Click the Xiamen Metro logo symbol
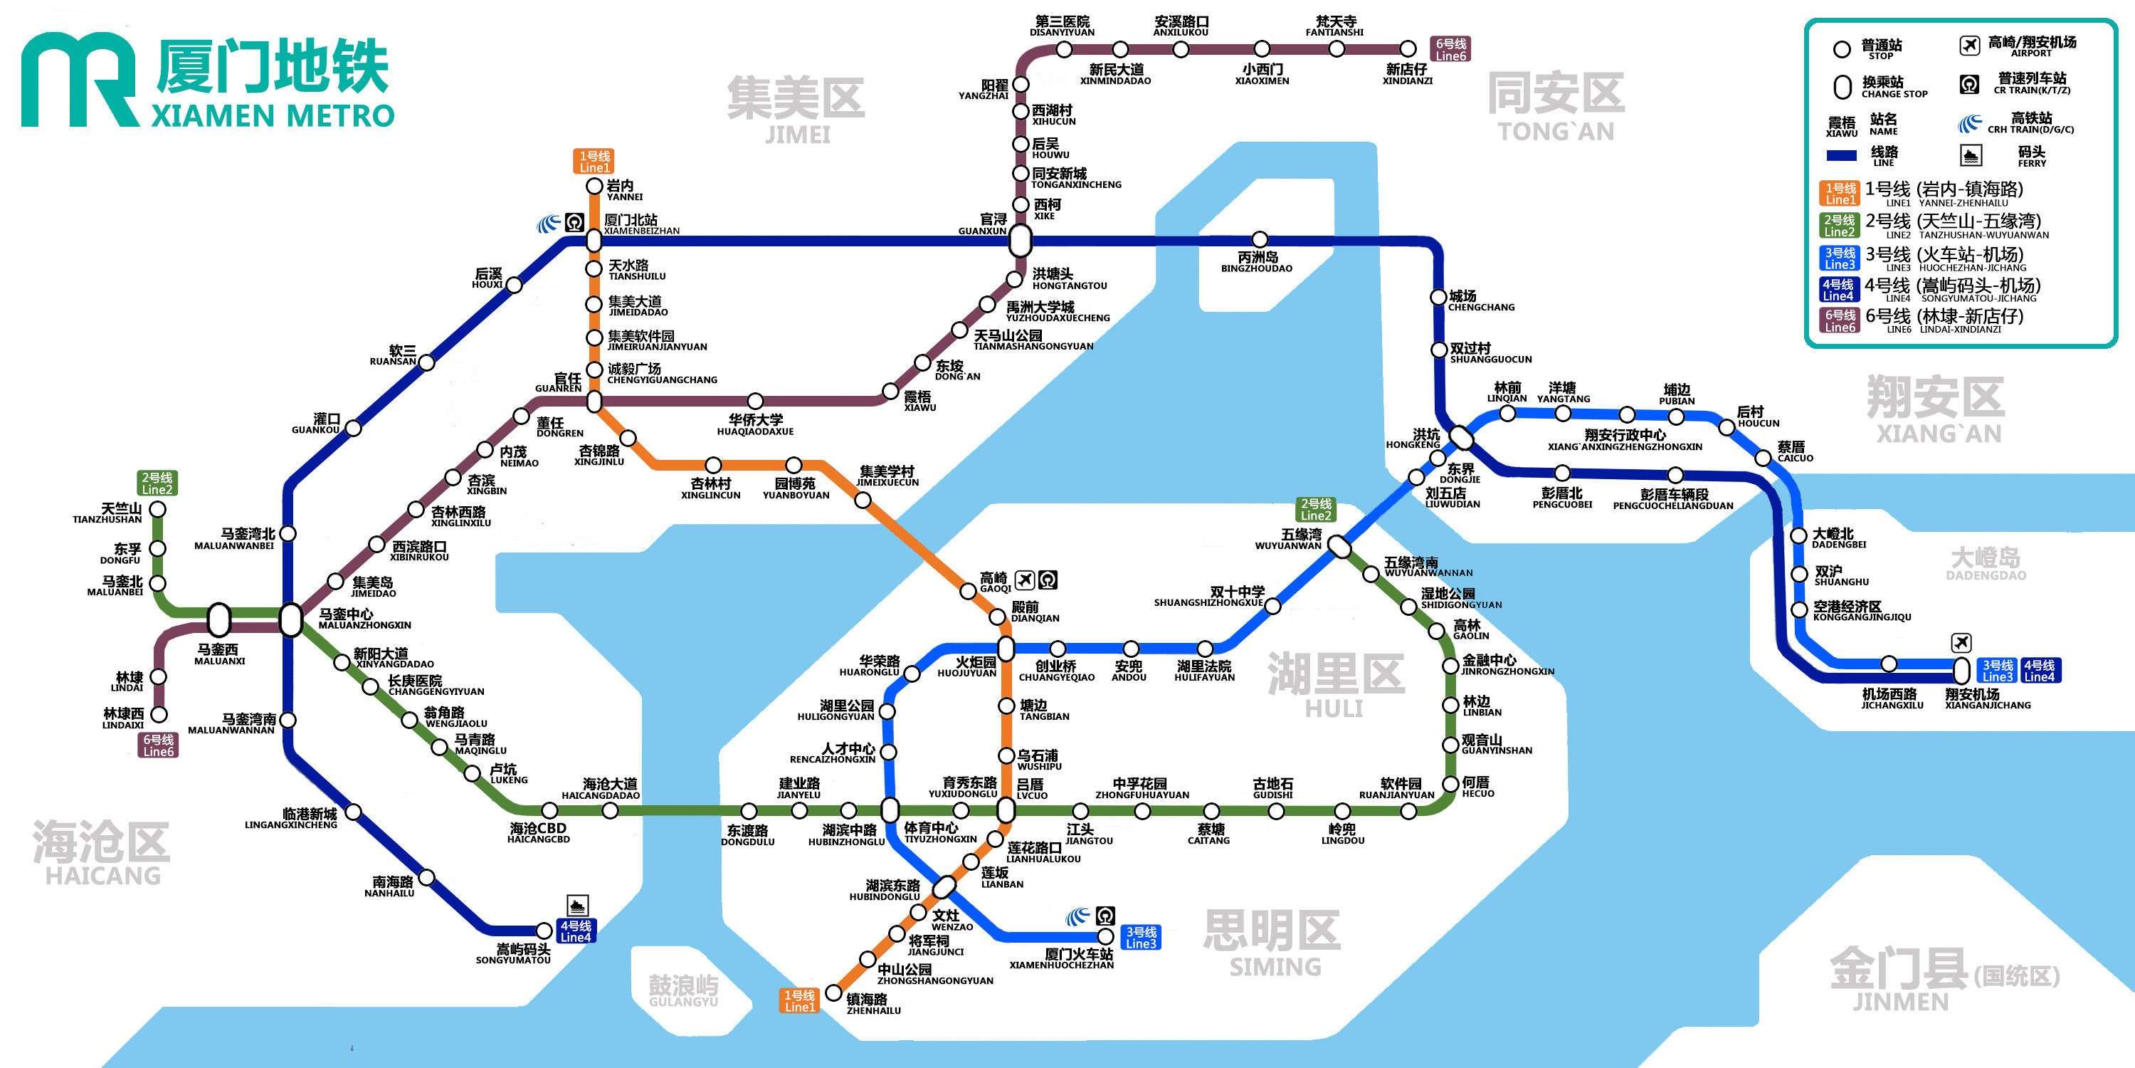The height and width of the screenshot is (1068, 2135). pyautogui.click(x=79, y=80)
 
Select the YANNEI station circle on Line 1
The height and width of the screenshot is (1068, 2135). pyautogui.click(x=594, y=187)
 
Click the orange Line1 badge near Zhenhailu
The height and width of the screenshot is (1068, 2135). pyautogui.click(x=800, y=1001)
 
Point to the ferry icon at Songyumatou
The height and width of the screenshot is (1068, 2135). pyautogui.click(x=578, y=906)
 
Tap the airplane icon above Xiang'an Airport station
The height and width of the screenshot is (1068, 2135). pyautogui.click(x=1961, y=643)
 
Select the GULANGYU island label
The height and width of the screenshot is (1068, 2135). pyautogui.click(x=683, y=990)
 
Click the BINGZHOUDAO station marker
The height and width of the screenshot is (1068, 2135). pyautogui.click(x=1260, y=241)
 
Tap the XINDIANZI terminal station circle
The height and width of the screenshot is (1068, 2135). pyautogui.click(x=1409, y=49)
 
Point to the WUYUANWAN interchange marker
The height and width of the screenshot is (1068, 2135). pyautogui.click(x=1339, y=546)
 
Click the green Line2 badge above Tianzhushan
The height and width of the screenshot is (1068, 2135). pyautogui.click(x=157, y=483)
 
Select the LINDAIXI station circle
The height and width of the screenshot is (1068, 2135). pyautogui.click(x=157, y=714)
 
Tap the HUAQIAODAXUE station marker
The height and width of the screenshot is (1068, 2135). pyautogui.click(x=755, y=402)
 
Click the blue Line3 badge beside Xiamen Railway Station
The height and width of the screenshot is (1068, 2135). pyautogui.click(x=1140, y=938)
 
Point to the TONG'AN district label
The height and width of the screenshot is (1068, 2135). pyautogui.click(x=1556, y=106)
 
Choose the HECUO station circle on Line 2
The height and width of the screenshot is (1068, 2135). pyautogui.click(x=1450, y=784)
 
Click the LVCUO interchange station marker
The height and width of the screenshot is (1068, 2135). pyautogui.click(x=1006, y=810)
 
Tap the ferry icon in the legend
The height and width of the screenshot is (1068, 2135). pyautogui.click(x=1970, y=155)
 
